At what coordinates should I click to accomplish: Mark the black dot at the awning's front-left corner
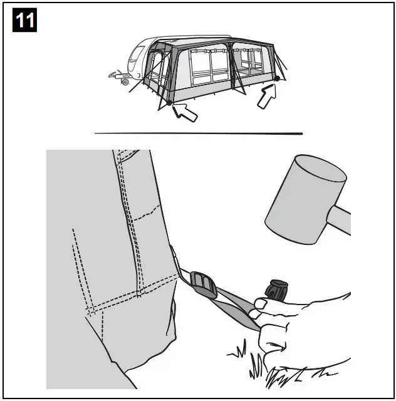(169, 103)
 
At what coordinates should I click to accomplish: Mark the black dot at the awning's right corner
(276, 78)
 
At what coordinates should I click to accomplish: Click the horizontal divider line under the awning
(198, 133)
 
